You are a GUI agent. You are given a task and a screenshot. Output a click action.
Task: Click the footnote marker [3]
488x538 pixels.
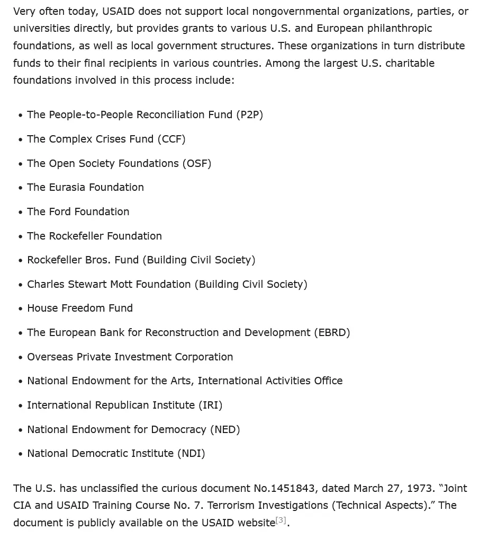pos(281,521)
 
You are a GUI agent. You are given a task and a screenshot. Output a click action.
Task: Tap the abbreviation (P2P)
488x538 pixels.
pos(249,114)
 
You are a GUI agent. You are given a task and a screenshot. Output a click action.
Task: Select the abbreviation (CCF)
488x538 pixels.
pos(171,139)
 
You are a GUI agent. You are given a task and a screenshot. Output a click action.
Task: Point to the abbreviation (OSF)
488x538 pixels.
pos(197,163)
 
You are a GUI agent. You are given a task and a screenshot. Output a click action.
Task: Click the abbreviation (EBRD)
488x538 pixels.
pos(332,332)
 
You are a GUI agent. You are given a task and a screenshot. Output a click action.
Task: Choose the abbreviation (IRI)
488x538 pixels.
pos(211,405)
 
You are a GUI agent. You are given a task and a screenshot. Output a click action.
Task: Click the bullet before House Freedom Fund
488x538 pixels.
pos(20,308)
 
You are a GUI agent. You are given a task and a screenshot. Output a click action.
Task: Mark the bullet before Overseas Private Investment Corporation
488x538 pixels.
pos(20,357)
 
